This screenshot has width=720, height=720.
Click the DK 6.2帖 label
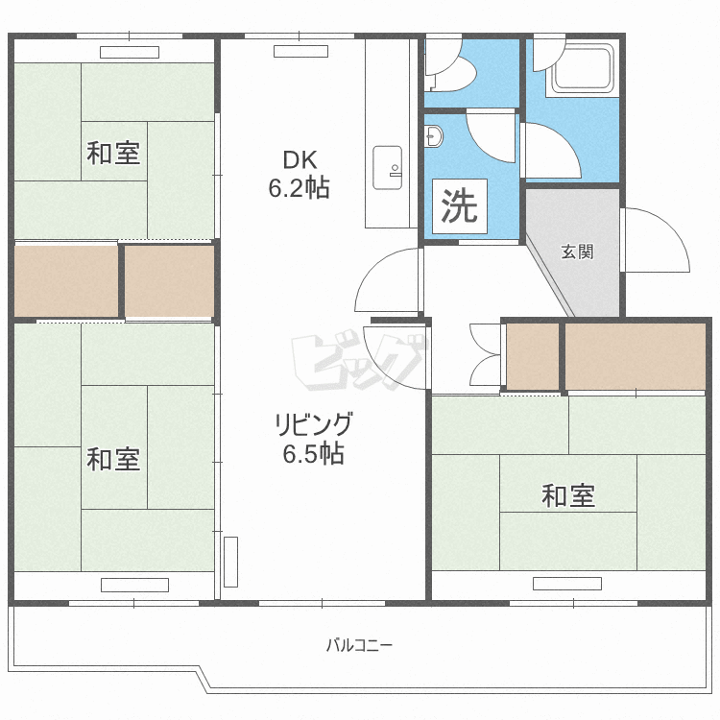[x=299, y=174]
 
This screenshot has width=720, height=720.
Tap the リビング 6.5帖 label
[x=314, y=438]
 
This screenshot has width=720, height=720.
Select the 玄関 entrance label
[x=577, y=252]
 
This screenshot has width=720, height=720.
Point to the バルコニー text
[x=360, y=645]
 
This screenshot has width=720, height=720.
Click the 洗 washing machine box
[x=459, y=206]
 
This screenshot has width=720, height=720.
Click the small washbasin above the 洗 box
[x=434, y=136]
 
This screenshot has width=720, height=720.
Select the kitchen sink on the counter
[x=387, y=168]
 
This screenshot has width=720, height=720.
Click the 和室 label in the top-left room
[x=113, y=153]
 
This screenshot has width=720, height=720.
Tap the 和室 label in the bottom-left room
[x=113, y=459]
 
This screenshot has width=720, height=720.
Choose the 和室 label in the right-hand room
[x=568, y=495]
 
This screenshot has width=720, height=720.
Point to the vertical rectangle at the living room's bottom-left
[x=230, y=562]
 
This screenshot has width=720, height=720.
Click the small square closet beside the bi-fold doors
[x=533, y=356]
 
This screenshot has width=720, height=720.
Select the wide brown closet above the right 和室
[x=636, y=356]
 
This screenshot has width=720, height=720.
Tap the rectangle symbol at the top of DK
[x=300, y=52]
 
